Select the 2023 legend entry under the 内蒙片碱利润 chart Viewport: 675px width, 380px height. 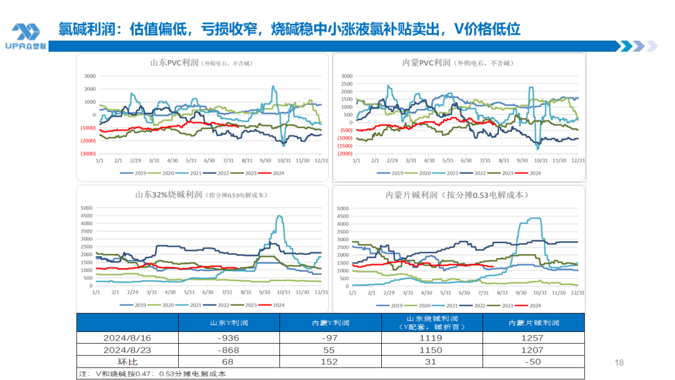(x=507, y=305)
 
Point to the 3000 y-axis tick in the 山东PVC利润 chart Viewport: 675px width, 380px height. (x=89, y=76)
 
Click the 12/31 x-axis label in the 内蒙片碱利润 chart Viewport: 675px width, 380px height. (x=577, y=292)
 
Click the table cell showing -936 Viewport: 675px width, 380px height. (x=229, y=337)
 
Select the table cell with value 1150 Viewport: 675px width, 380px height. (x=432, y=349)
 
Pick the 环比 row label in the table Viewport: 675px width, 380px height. (x=127, y=361)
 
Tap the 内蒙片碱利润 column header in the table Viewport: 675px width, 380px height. (x=534, y=322)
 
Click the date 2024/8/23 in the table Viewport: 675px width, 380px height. (x=127, y=349)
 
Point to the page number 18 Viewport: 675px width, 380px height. (x=619, y=362)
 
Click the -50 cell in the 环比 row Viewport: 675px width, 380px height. (x=534, y=361)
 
